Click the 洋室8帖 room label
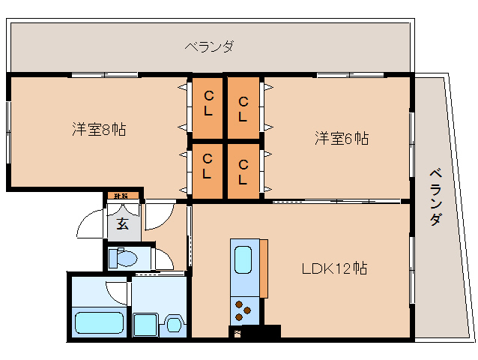coord(98,129)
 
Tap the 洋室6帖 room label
coord(341,138)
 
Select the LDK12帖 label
coord(334,268)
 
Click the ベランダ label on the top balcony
coord(210,46)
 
